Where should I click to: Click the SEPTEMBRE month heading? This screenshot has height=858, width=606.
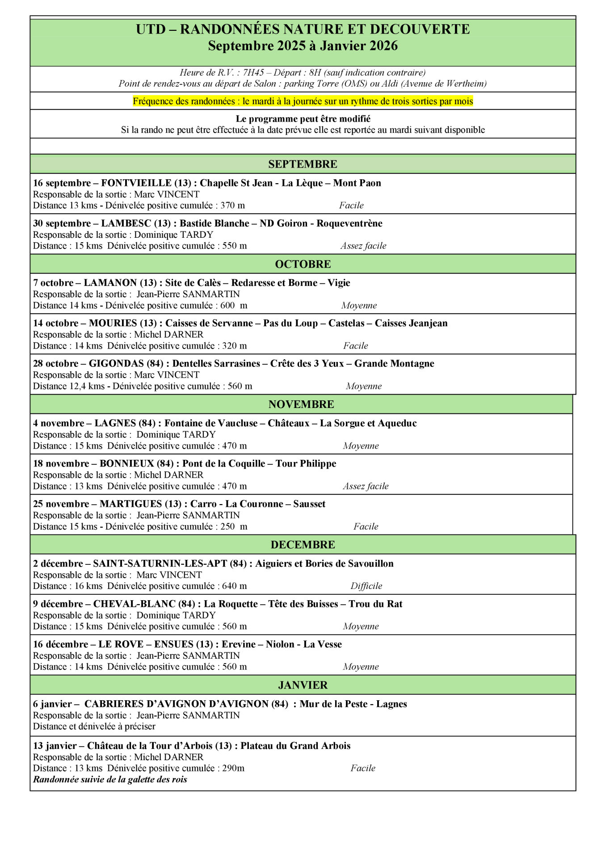[x=303, y=164]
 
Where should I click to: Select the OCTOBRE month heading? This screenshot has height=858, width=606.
[x=303, y=264]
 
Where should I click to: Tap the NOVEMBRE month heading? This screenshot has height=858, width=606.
[x=301, y=404]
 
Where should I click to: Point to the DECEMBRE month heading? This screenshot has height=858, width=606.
[x=303, y=545]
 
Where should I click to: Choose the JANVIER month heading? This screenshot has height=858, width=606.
[x=303, y=685]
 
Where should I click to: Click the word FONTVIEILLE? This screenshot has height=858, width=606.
[x=136, y=183]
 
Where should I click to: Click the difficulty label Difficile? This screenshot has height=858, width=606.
[x=366, y=586]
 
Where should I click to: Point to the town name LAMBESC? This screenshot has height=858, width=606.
[x=126, y=223]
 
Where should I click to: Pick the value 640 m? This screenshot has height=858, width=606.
[x=235, y=586]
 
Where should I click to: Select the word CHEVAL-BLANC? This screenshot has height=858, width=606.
[x=134, y=604]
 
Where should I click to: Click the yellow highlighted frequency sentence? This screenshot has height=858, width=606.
[x=303, y=101]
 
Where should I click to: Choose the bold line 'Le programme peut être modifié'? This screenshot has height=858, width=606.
[x=303, y=119]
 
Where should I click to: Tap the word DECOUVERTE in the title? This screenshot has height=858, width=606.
[x=420, y=29]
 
